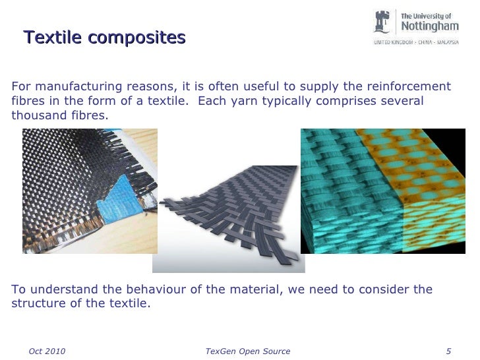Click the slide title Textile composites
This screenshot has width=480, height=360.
coord(104,38)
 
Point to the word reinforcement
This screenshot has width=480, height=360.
coord(408,87)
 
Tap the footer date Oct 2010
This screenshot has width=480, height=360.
coord(47,351)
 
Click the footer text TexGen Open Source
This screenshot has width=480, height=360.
coord(247,351)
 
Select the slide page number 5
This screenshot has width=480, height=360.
coord(448,351)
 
